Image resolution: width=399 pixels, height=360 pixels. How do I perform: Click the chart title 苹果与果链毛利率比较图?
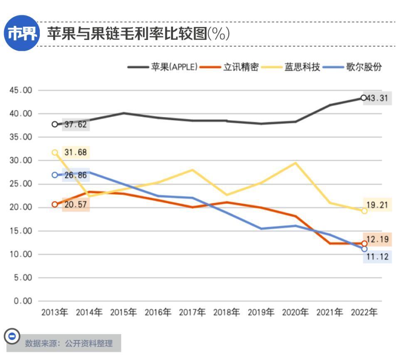127,33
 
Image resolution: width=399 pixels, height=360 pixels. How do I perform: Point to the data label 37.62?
76,124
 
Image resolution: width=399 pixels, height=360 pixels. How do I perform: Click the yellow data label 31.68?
76,152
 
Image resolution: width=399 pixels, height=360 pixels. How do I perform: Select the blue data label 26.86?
76,175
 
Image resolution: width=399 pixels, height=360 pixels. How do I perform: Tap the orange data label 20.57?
76,204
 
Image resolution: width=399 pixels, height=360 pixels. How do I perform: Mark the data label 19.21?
378,204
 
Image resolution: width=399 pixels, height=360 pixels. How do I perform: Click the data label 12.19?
378,240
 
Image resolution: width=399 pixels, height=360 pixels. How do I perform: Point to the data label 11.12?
378,257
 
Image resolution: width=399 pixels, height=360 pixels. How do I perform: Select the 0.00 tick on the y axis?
23,301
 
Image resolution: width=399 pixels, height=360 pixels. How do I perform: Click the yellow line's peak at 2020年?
296,163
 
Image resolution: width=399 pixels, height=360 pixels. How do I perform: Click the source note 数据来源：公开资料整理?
69,343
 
